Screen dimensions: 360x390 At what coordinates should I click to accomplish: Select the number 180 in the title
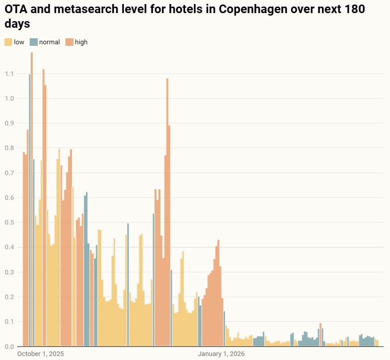pyautogui.click(x=354, y=9)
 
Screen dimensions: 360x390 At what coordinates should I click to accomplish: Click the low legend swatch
pyautogui.click(x=9, y=42)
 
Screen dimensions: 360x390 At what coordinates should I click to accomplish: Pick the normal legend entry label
pyautogui.click(x=49, y=42)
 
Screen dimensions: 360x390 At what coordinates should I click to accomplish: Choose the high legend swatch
pyautogui.click(x=68, y=42)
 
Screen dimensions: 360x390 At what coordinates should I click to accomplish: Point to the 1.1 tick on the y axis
pyautogui.click(x=9, y=74)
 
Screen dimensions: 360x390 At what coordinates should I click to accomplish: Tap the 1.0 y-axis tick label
pyautogui.click(x=9, y=99)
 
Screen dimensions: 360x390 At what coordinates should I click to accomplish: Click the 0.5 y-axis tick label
pyautogui.click(x=9, y=223)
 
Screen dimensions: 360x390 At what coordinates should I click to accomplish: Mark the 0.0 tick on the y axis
pyautogui.click(x=9, y=346)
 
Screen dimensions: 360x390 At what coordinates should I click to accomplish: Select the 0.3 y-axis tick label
pyautogui.click(x=9, y=272)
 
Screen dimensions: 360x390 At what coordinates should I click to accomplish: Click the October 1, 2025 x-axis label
pyautogui.click(x=41, y=354)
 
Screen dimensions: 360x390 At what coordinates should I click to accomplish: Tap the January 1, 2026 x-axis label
pyautogui.click(x=221, y=354)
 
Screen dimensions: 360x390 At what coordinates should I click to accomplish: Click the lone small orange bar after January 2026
pyautogui.click(x=321, y=335)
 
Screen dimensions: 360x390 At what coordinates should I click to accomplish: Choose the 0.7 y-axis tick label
pyautogui.click(x=9, y=173)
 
